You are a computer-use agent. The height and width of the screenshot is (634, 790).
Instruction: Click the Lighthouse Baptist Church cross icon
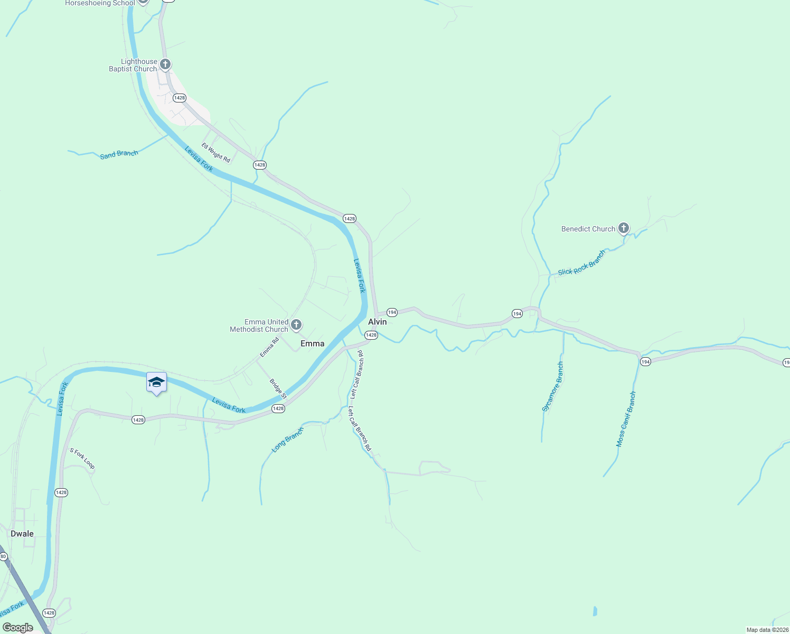(165, 64)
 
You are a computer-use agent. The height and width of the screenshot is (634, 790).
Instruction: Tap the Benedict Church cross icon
(624, 228)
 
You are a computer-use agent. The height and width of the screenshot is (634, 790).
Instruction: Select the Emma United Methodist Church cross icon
(296, 324)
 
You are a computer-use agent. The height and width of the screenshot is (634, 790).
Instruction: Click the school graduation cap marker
(156, 382)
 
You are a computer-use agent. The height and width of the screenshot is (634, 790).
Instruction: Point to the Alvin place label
(377, 322)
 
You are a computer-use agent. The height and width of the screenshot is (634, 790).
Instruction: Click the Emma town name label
(312, 343)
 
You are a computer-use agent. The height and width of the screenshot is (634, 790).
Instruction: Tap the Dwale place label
(22, 534)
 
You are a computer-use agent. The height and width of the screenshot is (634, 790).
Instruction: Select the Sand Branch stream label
(119, 154)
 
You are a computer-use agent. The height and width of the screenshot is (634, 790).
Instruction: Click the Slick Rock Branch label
(581, 263)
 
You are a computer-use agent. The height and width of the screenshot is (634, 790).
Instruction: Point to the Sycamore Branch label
(553, 387)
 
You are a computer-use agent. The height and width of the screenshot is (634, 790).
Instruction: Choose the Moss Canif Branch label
(626, 419)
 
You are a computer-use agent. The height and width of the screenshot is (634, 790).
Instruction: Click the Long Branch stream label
(287, 440)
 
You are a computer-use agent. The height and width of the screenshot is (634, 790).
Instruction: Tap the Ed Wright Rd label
(215, 153)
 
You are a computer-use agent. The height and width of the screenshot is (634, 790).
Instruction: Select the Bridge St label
(278, 389)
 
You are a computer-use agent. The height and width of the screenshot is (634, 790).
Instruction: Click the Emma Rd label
(269, 348)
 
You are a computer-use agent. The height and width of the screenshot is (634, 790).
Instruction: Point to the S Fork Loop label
(82, 458)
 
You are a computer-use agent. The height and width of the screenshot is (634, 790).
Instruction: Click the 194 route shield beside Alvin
(392, 312)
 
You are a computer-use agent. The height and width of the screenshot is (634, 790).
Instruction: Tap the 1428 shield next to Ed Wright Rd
(259, 165)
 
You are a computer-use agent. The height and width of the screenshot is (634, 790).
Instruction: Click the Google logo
(18, 628)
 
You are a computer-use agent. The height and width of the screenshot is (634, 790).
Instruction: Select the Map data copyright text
(767, 630)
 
